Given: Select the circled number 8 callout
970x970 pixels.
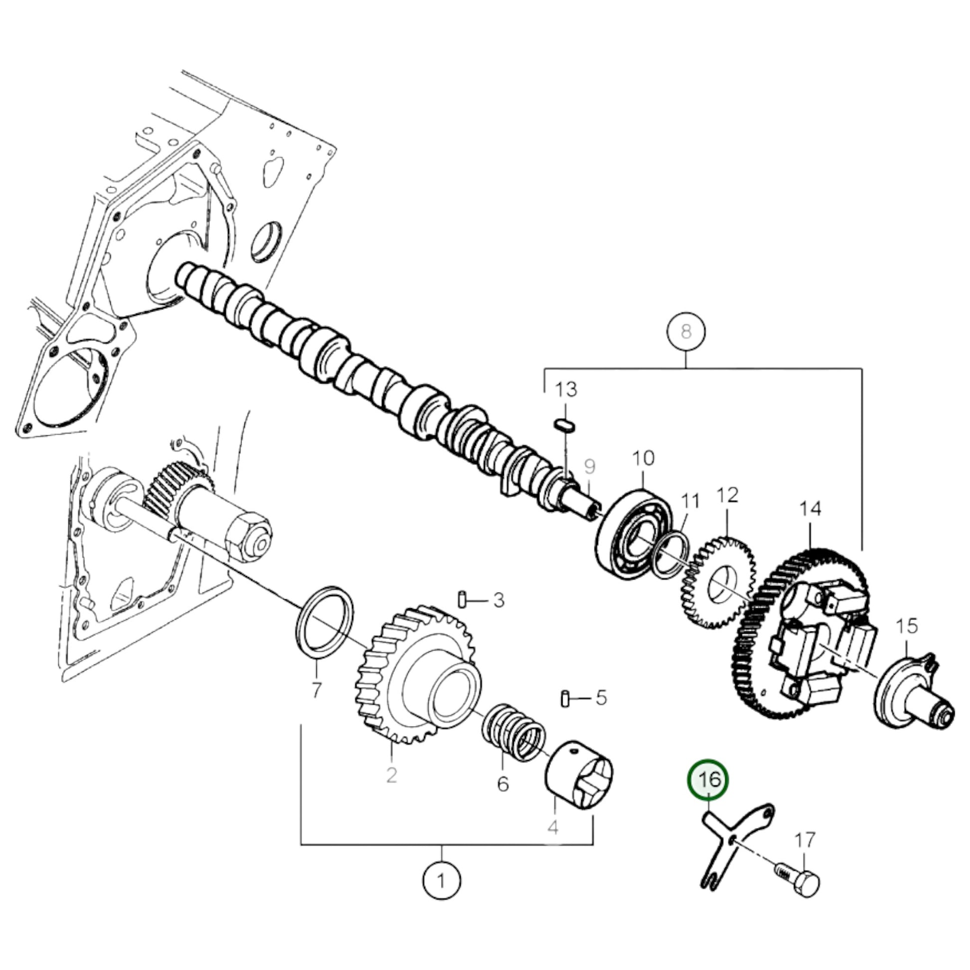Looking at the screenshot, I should [x=686, y=331].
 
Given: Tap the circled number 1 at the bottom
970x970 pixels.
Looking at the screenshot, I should [x=442, y=880].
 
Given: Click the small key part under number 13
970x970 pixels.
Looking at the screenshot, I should [x=565, y=425].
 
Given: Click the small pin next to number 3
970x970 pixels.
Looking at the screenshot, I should [x=463, y=600].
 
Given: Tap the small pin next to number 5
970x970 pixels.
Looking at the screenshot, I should [x=564, y=698].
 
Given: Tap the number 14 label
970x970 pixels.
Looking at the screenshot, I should [x=810, y=508].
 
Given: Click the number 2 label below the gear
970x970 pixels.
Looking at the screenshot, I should [x=392, y=789].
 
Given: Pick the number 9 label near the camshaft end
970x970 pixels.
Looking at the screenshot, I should [x=590, y=467].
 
